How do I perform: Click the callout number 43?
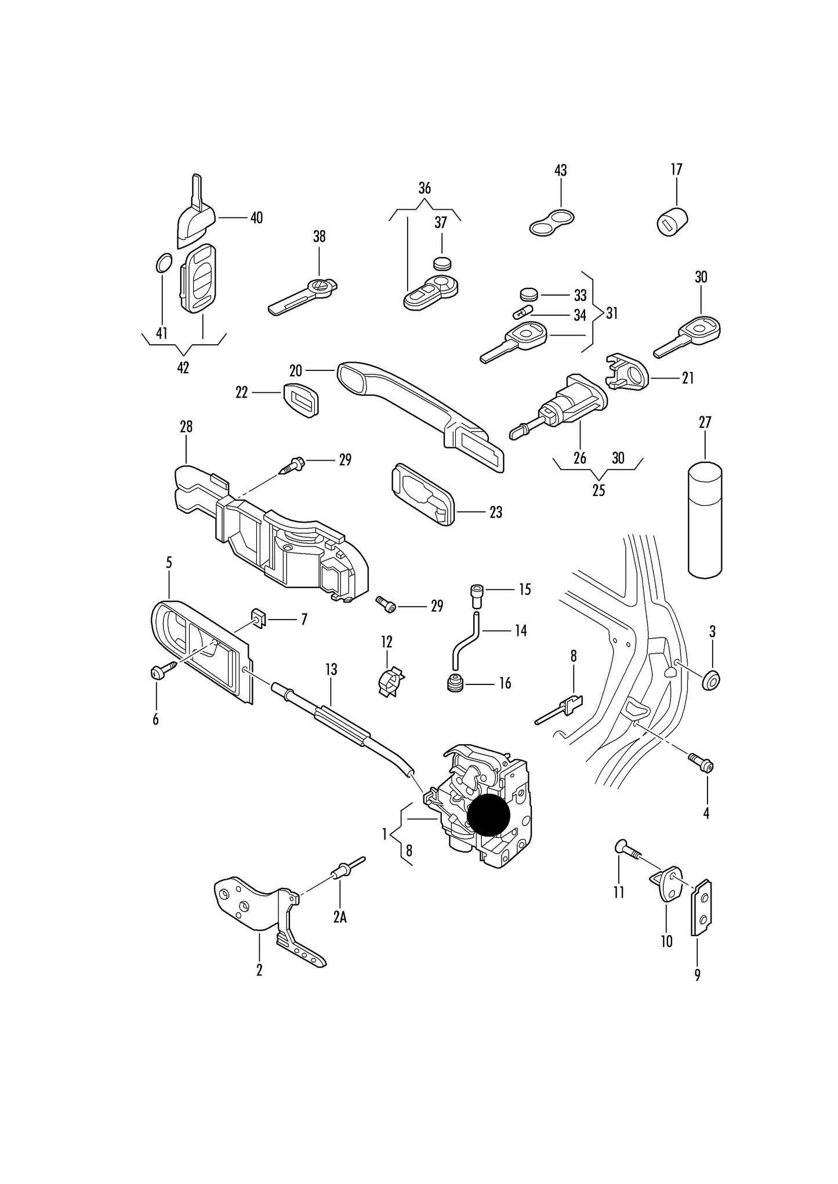pyautogui.click(x=560, y=170)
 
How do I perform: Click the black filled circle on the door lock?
pyautogui.click(x=488, y=814)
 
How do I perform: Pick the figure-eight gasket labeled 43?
pyautogui.click(x=552, y=223)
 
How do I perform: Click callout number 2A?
pyautogui.click(x=340, y=917)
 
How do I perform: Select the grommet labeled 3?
pyautogui.click(x=711, y=679)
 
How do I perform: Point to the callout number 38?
pyautogui.click(x=319, y=236)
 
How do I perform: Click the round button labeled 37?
pyautogui.click(x=442, y=263)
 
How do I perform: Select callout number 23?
pyautogui.click(x=495, y=512)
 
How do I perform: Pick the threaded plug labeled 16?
pyautogui.click(x=455, y=683)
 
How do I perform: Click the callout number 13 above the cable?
pyautogui.click(x=331, y=669)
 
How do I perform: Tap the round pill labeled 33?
pyautogui.click(x=528, y=294)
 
